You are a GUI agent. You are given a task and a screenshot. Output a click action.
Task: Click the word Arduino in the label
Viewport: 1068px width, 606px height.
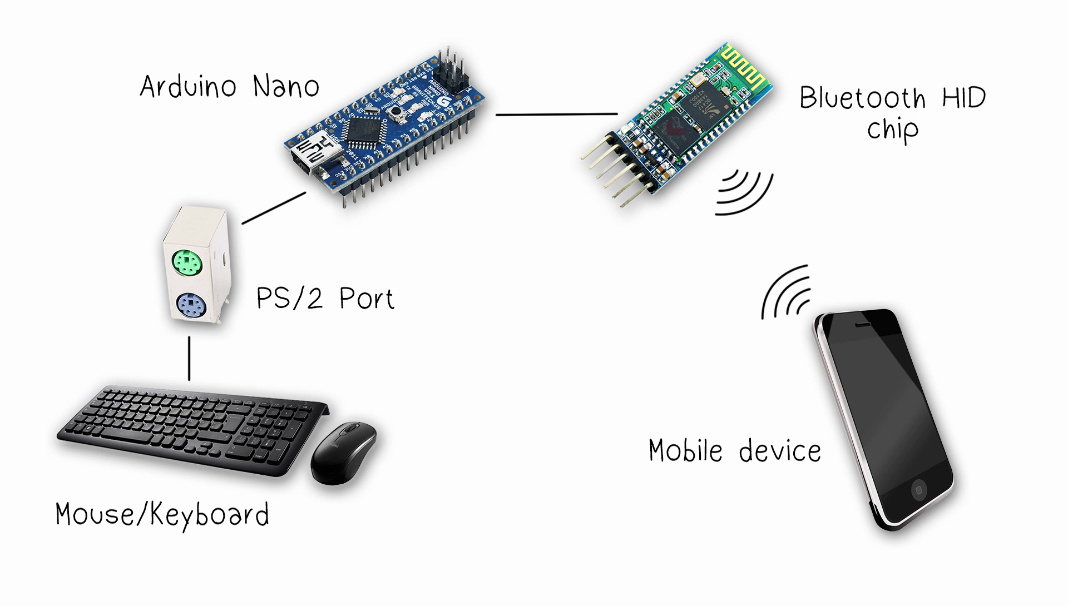(x=188, y=87)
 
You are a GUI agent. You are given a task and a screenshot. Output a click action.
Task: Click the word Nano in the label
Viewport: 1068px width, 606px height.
(x=286, y=87)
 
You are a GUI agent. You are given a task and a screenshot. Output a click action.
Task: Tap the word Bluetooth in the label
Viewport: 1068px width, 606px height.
(x=863, y=98)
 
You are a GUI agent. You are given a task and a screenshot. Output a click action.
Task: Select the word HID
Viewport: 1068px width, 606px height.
(x=964, y=98)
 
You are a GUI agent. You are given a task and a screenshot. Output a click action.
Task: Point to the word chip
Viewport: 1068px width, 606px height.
(x=892, y=130)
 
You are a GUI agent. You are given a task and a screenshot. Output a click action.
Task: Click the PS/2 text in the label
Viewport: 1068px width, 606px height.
(x=289, y=299)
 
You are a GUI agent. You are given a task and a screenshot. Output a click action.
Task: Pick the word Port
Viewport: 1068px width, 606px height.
(x=367, y=299)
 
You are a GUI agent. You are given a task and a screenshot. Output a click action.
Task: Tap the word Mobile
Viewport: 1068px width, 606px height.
(x=685, y=450)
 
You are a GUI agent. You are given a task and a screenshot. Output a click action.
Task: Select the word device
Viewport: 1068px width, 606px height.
(x=780, y=451)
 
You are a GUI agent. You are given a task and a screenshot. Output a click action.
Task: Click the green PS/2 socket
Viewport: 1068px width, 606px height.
(x=186, y=261)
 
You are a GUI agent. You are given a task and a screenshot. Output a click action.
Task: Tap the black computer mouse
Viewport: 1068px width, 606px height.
(x=343, y=451)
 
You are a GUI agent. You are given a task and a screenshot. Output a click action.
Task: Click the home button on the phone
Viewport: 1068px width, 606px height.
(x=919, y=490)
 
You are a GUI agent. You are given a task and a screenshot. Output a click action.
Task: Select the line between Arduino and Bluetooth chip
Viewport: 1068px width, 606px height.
(x=556, y=114)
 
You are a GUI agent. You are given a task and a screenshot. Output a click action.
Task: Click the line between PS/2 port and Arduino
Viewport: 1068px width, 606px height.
(x=274, y=208)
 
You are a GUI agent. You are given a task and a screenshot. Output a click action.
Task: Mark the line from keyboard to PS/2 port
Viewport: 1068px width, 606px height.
(x=189, y=359)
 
